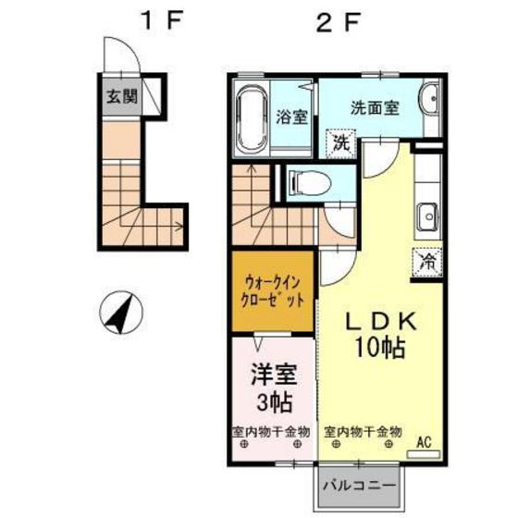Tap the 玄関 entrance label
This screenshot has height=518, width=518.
pos(118,96)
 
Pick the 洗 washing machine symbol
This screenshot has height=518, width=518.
pos(341,143)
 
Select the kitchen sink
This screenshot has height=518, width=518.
pos(428,218)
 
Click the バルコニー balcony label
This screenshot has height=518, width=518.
pos(359,484)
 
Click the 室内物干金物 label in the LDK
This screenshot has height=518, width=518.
pos(363,431)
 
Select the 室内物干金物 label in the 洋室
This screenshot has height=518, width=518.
pos(270,431)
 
